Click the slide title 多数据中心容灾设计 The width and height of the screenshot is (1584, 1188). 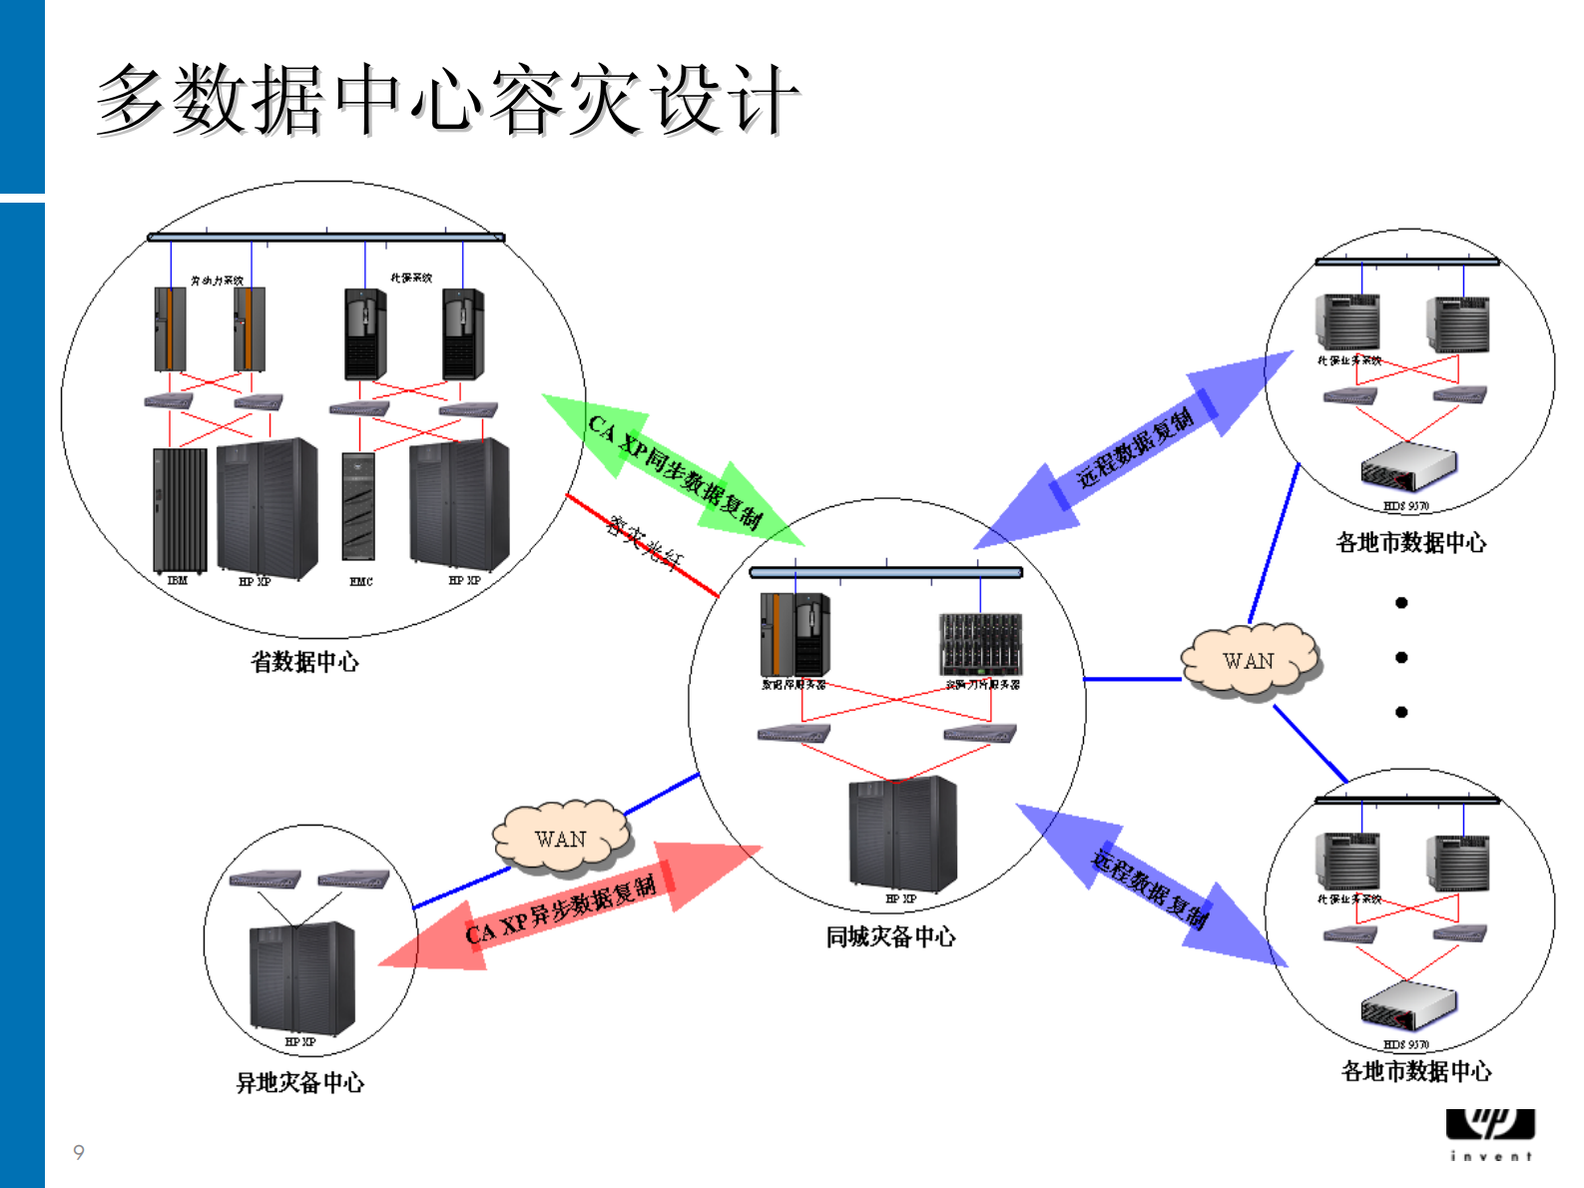point(447,100)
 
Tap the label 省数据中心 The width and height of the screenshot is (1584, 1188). point(304,662)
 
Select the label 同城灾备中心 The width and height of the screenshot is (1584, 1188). point(890,936)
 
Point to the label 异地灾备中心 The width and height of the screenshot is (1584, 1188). point(299,1082)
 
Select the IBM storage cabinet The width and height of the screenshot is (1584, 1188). point(180,509)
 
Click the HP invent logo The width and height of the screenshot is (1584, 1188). point(1490,1131)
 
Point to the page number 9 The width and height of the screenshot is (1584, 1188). point(79,1152)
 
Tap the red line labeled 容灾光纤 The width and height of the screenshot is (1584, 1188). point(643,545)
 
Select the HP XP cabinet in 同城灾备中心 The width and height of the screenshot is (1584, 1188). point(902,834)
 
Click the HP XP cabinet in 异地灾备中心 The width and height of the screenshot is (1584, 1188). point(300,978)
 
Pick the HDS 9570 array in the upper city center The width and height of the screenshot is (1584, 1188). point(1407,466)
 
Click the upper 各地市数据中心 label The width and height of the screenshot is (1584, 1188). point(1410,542)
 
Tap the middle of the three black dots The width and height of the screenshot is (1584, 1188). point(1401,657)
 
